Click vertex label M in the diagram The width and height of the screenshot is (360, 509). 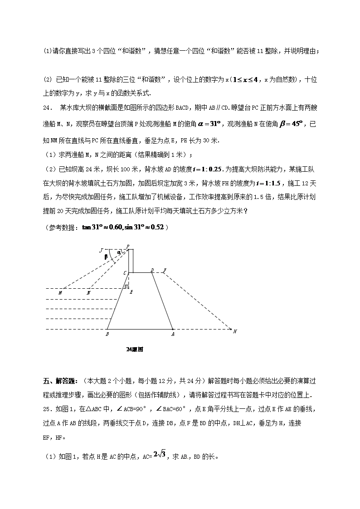60,293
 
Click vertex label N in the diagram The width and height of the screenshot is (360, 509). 88,293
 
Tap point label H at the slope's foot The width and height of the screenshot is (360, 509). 235,331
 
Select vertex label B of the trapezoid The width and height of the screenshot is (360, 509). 107,334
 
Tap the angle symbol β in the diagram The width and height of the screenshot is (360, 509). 106,257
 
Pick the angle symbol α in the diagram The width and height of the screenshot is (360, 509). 119,252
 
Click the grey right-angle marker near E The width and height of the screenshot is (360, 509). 127,286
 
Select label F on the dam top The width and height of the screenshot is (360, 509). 165,270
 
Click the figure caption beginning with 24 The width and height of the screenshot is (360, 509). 135,349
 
